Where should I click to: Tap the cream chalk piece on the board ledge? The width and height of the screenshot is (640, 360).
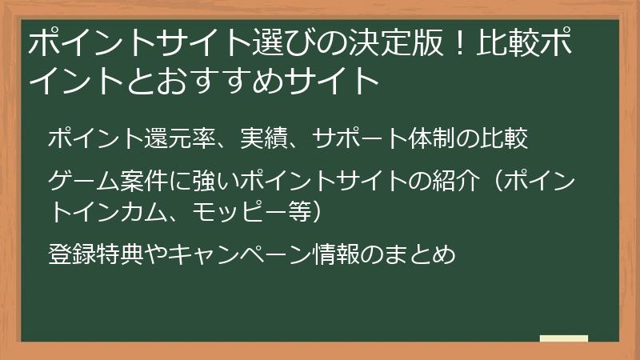(x=564, y=338)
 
